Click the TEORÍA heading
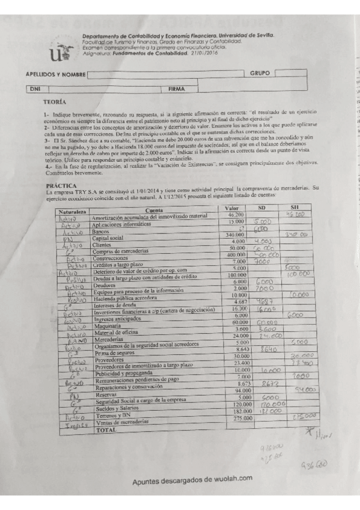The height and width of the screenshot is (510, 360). [x=55, y=102]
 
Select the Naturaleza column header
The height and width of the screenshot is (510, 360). [x=72, y=212]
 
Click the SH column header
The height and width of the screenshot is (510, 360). [x=294, y=207]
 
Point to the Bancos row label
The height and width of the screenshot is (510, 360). [x=100, y=232]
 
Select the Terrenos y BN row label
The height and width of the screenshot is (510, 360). [x=109, y=417]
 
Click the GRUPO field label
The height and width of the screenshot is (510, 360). [x=259, y=73]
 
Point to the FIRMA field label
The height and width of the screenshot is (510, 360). [x=177, y=88]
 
